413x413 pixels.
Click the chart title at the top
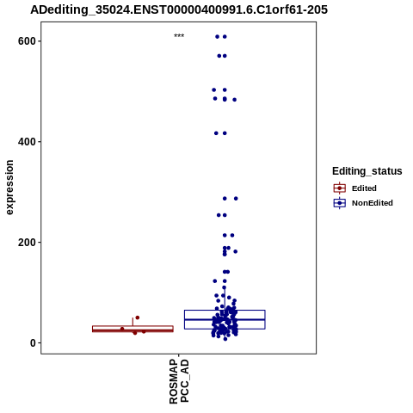(x=179, y=9)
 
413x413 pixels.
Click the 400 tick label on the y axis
(x=27, y=142)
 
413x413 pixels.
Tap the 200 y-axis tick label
(x=27, y=243)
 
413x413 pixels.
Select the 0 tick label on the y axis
(x=33, y=342)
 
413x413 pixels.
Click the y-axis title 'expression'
(x=9, y=188)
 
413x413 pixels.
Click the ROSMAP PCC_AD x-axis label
(x=179, y=381)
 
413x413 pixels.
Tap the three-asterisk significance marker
(x=179, y=36)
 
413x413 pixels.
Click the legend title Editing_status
(x=367, y=171)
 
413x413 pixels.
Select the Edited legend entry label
(x=364, y=188)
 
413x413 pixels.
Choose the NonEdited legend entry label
(x=373, y=203)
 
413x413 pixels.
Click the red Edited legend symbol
(x=340, y=188)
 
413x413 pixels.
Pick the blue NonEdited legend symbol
(x=340, y=203)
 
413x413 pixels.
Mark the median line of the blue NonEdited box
(x=225, y=319)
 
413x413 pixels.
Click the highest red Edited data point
(x=138, y=317)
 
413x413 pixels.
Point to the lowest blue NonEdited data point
(x=225, y=339)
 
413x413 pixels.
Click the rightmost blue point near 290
(x=236, y=199)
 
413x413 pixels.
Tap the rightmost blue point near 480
(x=234, y=100)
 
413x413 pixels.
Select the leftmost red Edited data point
(x=122, y=329)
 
